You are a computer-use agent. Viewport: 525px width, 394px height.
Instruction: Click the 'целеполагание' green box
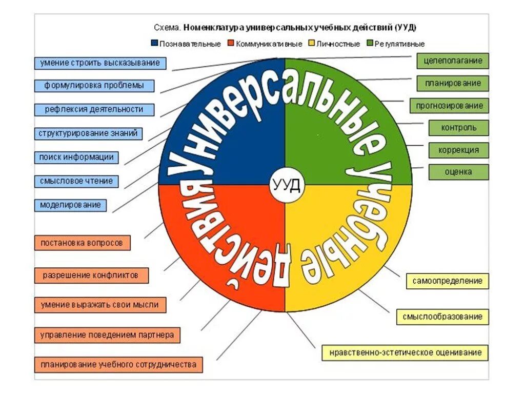452,61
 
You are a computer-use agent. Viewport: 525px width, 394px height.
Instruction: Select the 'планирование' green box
452,83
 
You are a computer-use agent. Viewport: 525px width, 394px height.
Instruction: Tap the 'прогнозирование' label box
449,106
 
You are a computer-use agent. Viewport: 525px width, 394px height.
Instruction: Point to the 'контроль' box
459,128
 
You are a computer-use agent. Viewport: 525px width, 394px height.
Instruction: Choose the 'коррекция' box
459,150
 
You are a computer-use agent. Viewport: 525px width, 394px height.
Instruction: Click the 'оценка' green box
459,172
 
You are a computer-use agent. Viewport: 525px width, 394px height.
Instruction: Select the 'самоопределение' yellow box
448,281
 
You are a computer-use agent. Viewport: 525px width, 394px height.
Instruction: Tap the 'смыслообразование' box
442,317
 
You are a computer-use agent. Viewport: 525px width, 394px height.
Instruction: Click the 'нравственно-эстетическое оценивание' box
405,353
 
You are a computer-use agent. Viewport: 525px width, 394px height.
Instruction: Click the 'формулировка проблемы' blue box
94,86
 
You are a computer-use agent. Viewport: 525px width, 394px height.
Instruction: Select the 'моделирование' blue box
71,205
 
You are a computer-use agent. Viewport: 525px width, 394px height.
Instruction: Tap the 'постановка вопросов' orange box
82,243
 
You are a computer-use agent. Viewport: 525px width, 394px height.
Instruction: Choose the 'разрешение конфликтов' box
91,275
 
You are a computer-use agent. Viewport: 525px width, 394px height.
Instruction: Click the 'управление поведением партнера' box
107,336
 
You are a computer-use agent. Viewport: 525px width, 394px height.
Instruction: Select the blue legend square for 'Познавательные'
154,44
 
